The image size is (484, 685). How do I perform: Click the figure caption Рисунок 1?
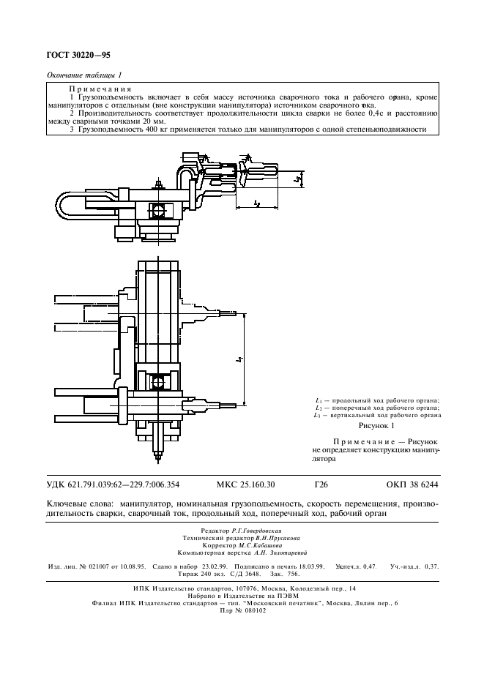point(377,425)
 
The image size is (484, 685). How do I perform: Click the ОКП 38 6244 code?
point(412,484)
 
